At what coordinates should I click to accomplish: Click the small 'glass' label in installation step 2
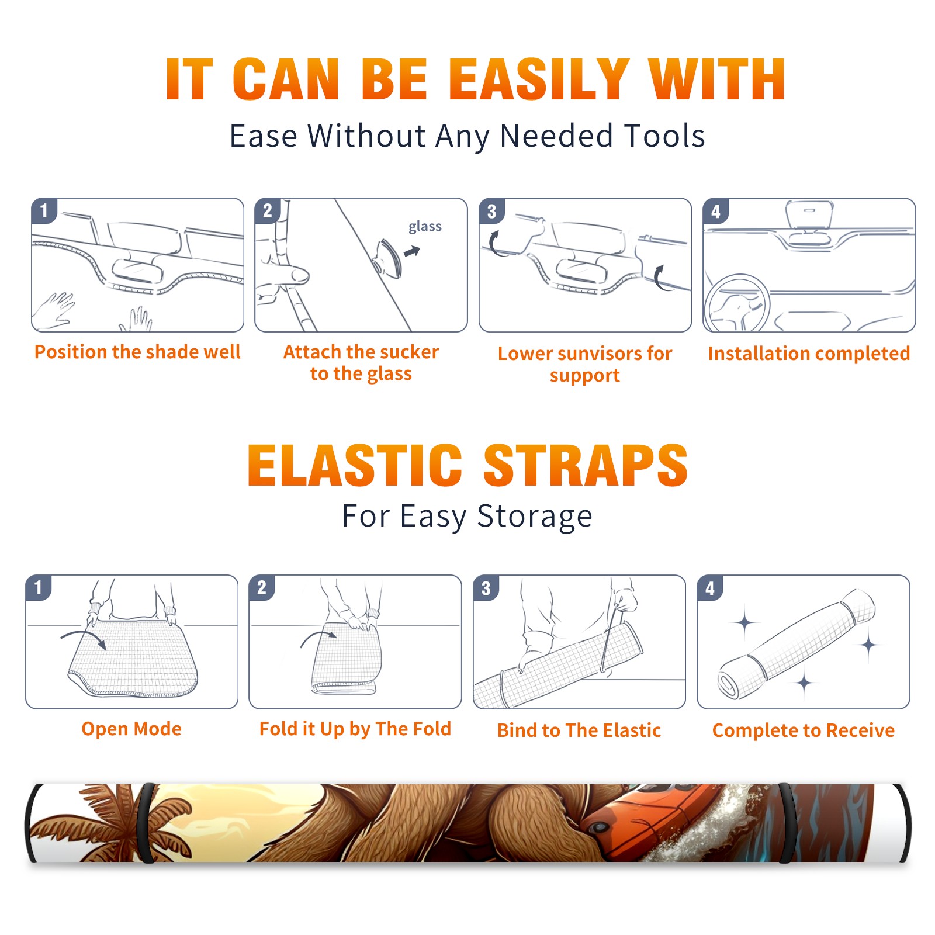point(425,227)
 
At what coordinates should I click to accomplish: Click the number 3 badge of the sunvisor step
point(491,211)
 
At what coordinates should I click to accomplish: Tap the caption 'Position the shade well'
point(137,352)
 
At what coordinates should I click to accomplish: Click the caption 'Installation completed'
point(809,354)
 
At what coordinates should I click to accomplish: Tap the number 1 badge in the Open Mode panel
point(38,587)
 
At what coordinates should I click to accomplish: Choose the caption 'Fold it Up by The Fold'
point(355,729)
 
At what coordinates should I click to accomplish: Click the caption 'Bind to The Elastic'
point(579,730)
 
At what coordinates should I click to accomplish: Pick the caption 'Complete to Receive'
point(804,730)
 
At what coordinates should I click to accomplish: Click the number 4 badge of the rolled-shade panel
point(709,588)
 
